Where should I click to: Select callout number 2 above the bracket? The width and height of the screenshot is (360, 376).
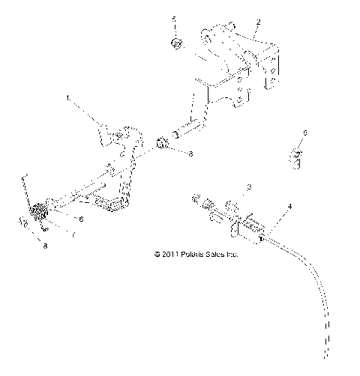pos(258,22)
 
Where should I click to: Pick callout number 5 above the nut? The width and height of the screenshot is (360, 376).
pos(174,18)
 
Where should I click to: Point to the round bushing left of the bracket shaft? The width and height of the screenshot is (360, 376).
pos(160,143)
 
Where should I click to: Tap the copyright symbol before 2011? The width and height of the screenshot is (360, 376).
pos(157,255)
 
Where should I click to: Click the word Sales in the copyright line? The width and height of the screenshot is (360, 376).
pos(217,255)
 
